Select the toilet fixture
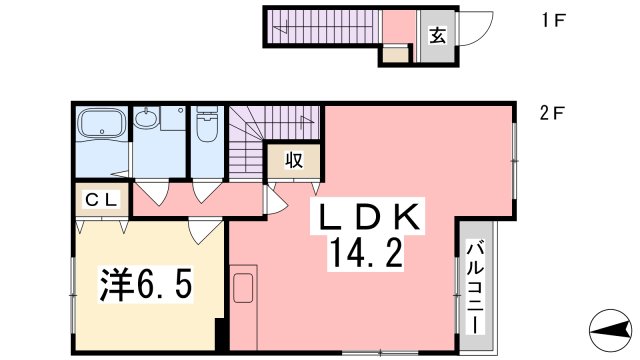207,127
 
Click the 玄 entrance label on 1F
438,36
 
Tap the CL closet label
100,199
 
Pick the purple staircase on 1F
325,26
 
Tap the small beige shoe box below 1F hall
396,54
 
